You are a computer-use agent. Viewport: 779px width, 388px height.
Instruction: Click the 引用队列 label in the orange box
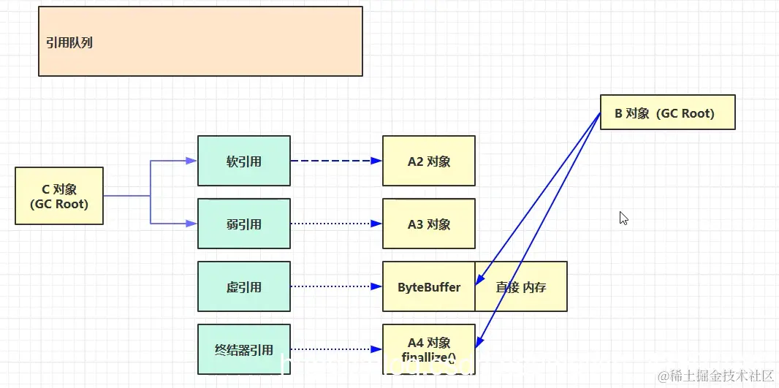point(69,42)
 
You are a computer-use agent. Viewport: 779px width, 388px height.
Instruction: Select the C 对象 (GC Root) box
point(59,196)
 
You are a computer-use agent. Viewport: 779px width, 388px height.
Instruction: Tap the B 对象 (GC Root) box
point(667,113)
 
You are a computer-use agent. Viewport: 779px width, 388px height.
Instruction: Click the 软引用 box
point(244,161)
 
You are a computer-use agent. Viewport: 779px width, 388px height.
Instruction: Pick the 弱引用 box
point(244,224)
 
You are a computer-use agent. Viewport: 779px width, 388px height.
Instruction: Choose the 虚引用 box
point(244,286)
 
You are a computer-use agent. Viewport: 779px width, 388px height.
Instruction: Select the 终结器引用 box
point(244,349)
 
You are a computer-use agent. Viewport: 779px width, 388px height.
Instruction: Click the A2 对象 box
point(429,161)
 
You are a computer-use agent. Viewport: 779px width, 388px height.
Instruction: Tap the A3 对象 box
point(429,224)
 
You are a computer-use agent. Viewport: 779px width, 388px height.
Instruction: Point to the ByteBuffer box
point(429,286)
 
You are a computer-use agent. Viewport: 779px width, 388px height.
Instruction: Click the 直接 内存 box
point(521,286)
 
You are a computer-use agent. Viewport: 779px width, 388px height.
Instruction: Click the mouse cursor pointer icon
point(623,218)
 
